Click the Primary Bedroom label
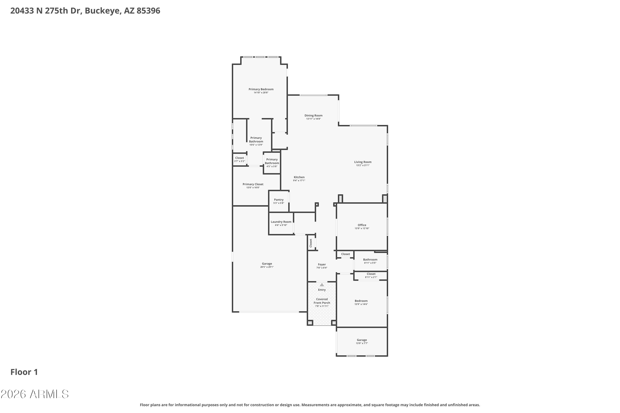pos(261,89)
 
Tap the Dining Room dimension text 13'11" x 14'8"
pos(314,119)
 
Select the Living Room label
pos(363,162)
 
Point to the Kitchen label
pos(299,177)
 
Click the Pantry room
pos(279,201)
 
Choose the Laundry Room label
pos(281,222)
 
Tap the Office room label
pos(362,225)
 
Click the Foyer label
pos(322,265)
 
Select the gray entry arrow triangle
pos(322,285)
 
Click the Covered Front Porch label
pos(322,301)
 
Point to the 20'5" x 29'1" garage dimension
pos(267,267)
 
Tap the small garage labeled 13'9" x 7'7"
pos(362,342)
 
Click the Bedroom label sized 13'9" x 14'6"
pos(361,301)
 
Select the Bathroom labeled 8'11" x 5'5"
pos(370,261)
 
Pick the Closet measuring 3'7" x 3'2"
pos(240,160)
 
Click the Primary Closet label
pos(253,184)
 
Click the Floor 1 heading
pos(24,372)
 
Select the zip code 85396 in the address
pos(148,11)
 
